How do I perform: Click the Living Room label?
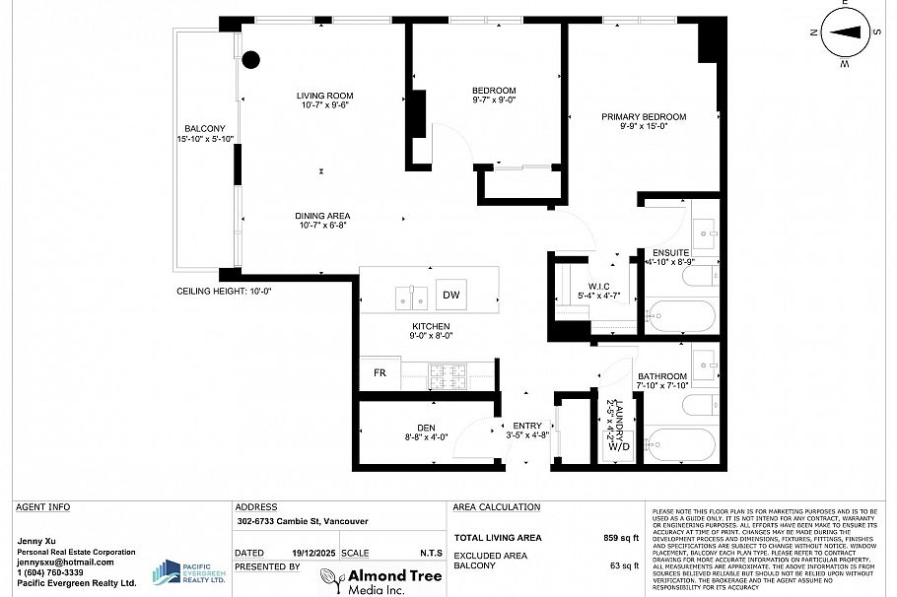coord(325,96)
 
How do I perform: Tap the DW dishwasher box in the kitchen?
coord(450,295)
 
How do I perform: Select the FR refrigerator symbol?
coord(379,374)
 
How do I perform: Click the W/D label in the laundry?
coord(619,446)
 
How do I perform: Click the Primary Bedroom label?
coord(644,116)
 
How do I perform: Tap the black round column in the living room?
coord(250,60)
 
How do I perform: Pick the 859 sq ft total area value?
coord(622,538)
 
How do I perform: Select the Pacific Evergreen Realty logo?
coord(189,573)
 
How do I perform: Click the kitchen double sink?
coord(411,296)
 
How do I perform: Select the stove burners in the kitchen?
coord(450,374)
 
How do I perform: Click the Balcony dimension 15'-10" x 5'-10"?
coord(205,140)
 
